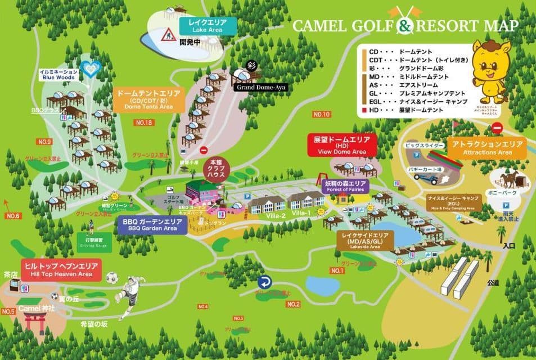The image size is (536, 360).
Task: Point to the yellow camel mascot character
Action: tap(492, 67)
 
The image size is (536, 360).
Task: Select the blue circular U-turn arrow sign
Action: tap(264, 282)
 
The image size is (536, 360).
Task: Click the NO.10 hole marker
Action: tap(322, 115)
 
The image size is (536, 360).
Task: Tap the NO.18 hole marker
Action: tap(143, 122)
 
